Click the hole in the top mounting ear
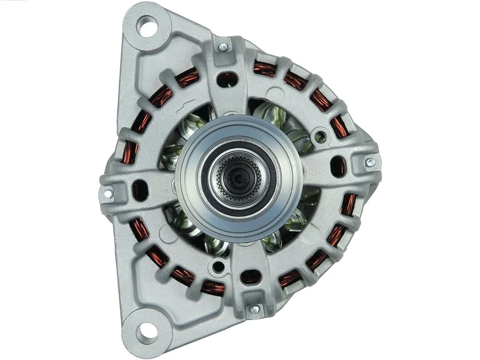click(147, 26)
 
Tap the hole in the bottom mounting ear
click(146, 330)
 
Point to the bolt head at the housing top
click(223, 46)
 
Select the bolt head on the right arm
click(370, 163)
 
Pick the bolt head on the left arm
click(108, 193)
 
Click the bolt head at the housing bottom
click(255, 308)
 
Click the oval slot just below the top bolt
click(227, 79)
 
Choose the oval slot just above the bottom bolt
click(251, 277)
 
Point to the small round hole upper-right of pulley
click(319, 135)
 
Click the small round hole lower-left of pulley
click(218, 267)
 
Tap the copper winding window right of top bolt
click(265, 69)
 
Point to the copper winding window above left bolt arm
click(130, 151)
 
